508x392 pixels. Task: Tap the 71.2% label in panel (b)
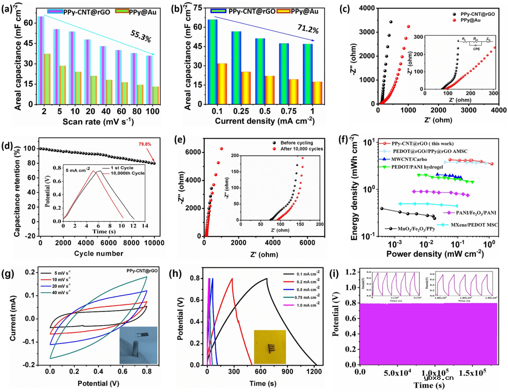306,31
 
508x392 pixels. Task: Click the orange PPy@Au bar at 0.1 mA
222,83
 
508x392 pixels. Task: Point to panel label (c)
347,8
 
